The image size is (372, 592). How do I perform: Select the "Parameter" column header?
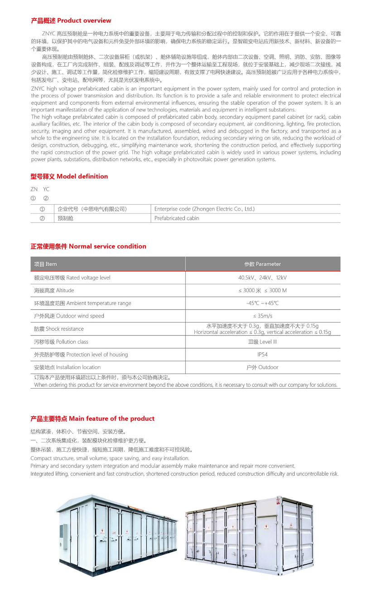[x=262, y=264]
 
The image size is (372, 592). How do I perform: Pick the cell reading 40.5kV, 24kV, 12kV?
[x=262, y=278]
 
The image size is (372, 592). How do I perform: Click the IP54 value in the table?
[x=262, y=355]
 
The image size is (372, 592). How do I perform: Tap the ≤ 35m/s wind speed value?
[x=262, y=316]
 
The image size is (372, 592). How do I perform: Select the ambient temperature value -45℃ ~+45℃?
[x=262, y=303]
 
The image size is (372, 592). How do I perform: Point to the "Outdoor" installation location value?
[x=262, y=367]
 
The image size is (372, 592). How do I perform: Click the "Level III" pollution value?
[x=262, y=342]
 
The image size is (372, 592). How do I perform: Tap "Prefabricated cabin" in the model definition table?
[x=177, y=218]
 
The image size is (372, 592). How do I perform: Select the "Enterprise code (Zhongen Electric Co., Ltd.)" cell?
[x=204, y=209]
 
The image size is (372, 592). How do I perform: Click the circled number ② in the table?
[x=42, y=218]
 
